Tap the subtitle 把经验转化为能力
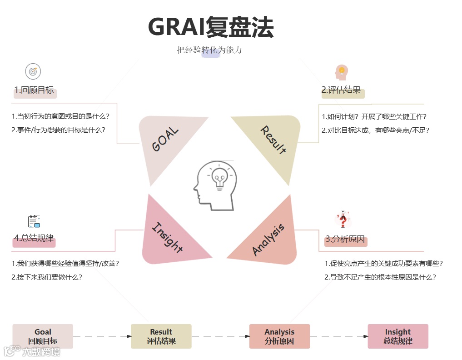point(209,50)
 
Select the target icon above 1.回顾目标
point(33,71)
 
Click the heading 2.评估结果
point(341,90)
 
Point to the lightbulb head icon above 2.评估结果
point(342,72)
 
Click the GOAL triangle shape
point(166,141)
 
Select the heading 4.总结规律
point(34,238)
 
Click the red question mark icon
point(343,220)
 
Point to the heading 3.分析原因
point(345,240)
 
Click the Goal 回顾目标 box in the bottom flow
point(43,336)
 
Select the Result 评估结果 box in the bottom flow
point(161,336)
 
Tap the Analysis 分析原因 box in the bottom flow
point(279,336)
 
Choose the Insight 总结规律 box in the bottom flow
point(398,336)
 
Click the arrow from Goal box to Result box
point(102,336)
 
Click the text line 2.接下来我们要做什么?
point(47,277)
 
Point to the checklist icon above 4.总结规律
point(34,221)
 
